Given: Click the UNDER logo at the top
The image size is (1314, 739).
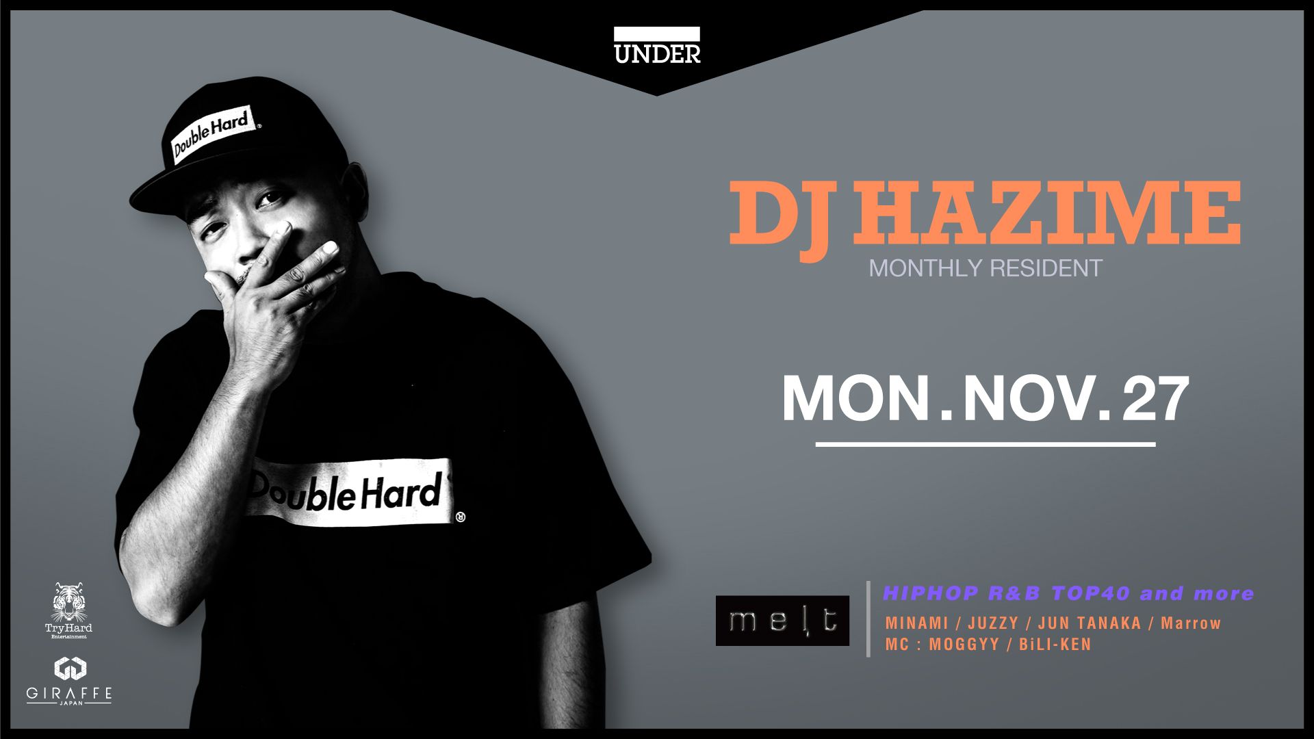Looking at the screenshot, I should point(657,46).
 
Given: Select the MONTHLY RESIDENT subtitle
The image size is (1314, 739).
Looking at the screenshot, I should point(985,268).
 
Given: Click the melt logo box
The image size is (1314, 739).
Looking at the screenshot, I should point(782,621).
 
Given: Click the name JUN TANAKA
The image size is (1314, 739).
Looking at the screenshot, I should point(1090,623).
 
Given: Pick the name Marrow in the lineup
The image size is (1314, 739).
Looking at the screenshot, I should point(1191,623).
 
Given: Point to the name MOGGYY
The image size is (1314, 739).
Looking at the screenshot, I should point(964,645).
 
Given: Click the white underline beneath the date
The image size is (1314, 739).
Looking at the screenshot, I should point(985,445).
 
